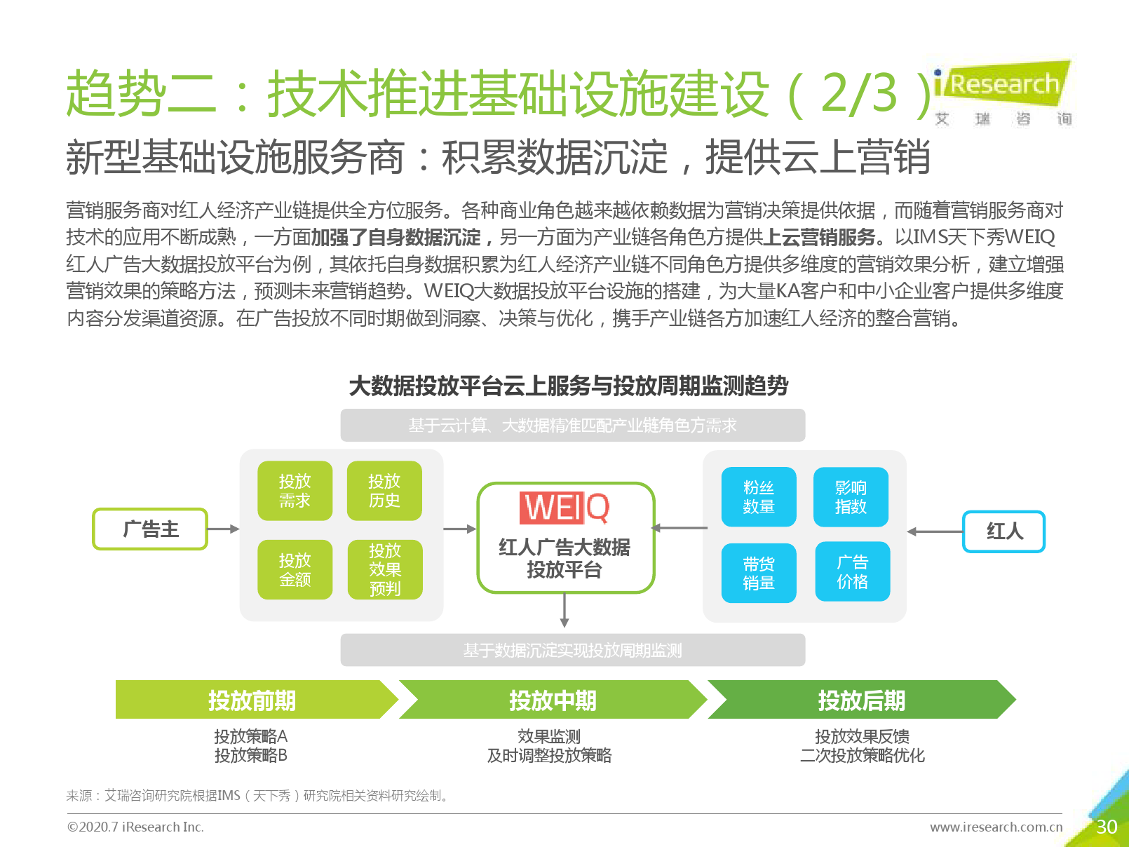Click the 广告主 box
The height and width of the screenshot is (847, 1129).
(x=150, y=529)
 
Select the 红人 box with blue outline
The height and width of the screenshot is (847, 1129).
(x=1003, y=531)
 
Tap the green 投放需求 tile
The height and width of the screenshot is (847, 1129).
(x=295, y=491)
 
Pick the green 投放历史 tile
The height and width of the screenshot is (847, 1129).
(x=384, y=491)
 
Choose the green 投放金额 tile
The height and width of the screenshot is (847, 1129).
(x=295, y=569)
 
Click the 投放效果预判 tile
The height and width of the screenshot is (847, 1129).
(x=385, y=569)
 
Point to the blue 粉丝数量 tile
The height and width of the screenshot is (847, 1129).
(x=759, y=497)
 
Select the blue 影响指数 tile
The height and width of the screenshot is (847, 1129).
(x=851, y=497)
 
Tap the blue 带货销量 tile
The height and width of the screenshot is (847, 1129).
(x=759, y=573)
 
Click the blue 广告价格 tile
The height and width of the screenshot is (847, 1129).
(x=852, y=571)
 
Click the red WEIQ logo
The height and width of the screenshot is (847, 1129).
(x=564, y=508)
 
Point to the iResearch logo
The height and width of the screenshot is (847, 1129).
(x=1003, y=93)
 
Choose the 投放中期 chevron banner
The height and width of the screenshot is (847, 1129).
(x=553, y=699)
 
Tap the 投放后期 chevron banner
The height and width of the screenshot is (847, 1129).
(x=862, y=699)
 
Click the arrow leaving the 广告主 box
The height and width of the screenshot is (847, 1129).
(x=223, y=529)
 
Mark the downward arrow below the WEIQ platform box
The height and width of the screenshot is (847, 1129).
(x=564, y=610)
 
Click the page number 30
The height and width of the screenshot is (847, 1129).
(x=1107, y=827)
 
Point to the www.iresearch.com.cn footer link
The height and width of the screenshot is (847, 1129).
(x=996, y=827)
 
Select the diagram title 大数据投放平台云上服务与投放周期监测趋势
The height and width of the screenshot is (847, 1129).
(x=569, y=386)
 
